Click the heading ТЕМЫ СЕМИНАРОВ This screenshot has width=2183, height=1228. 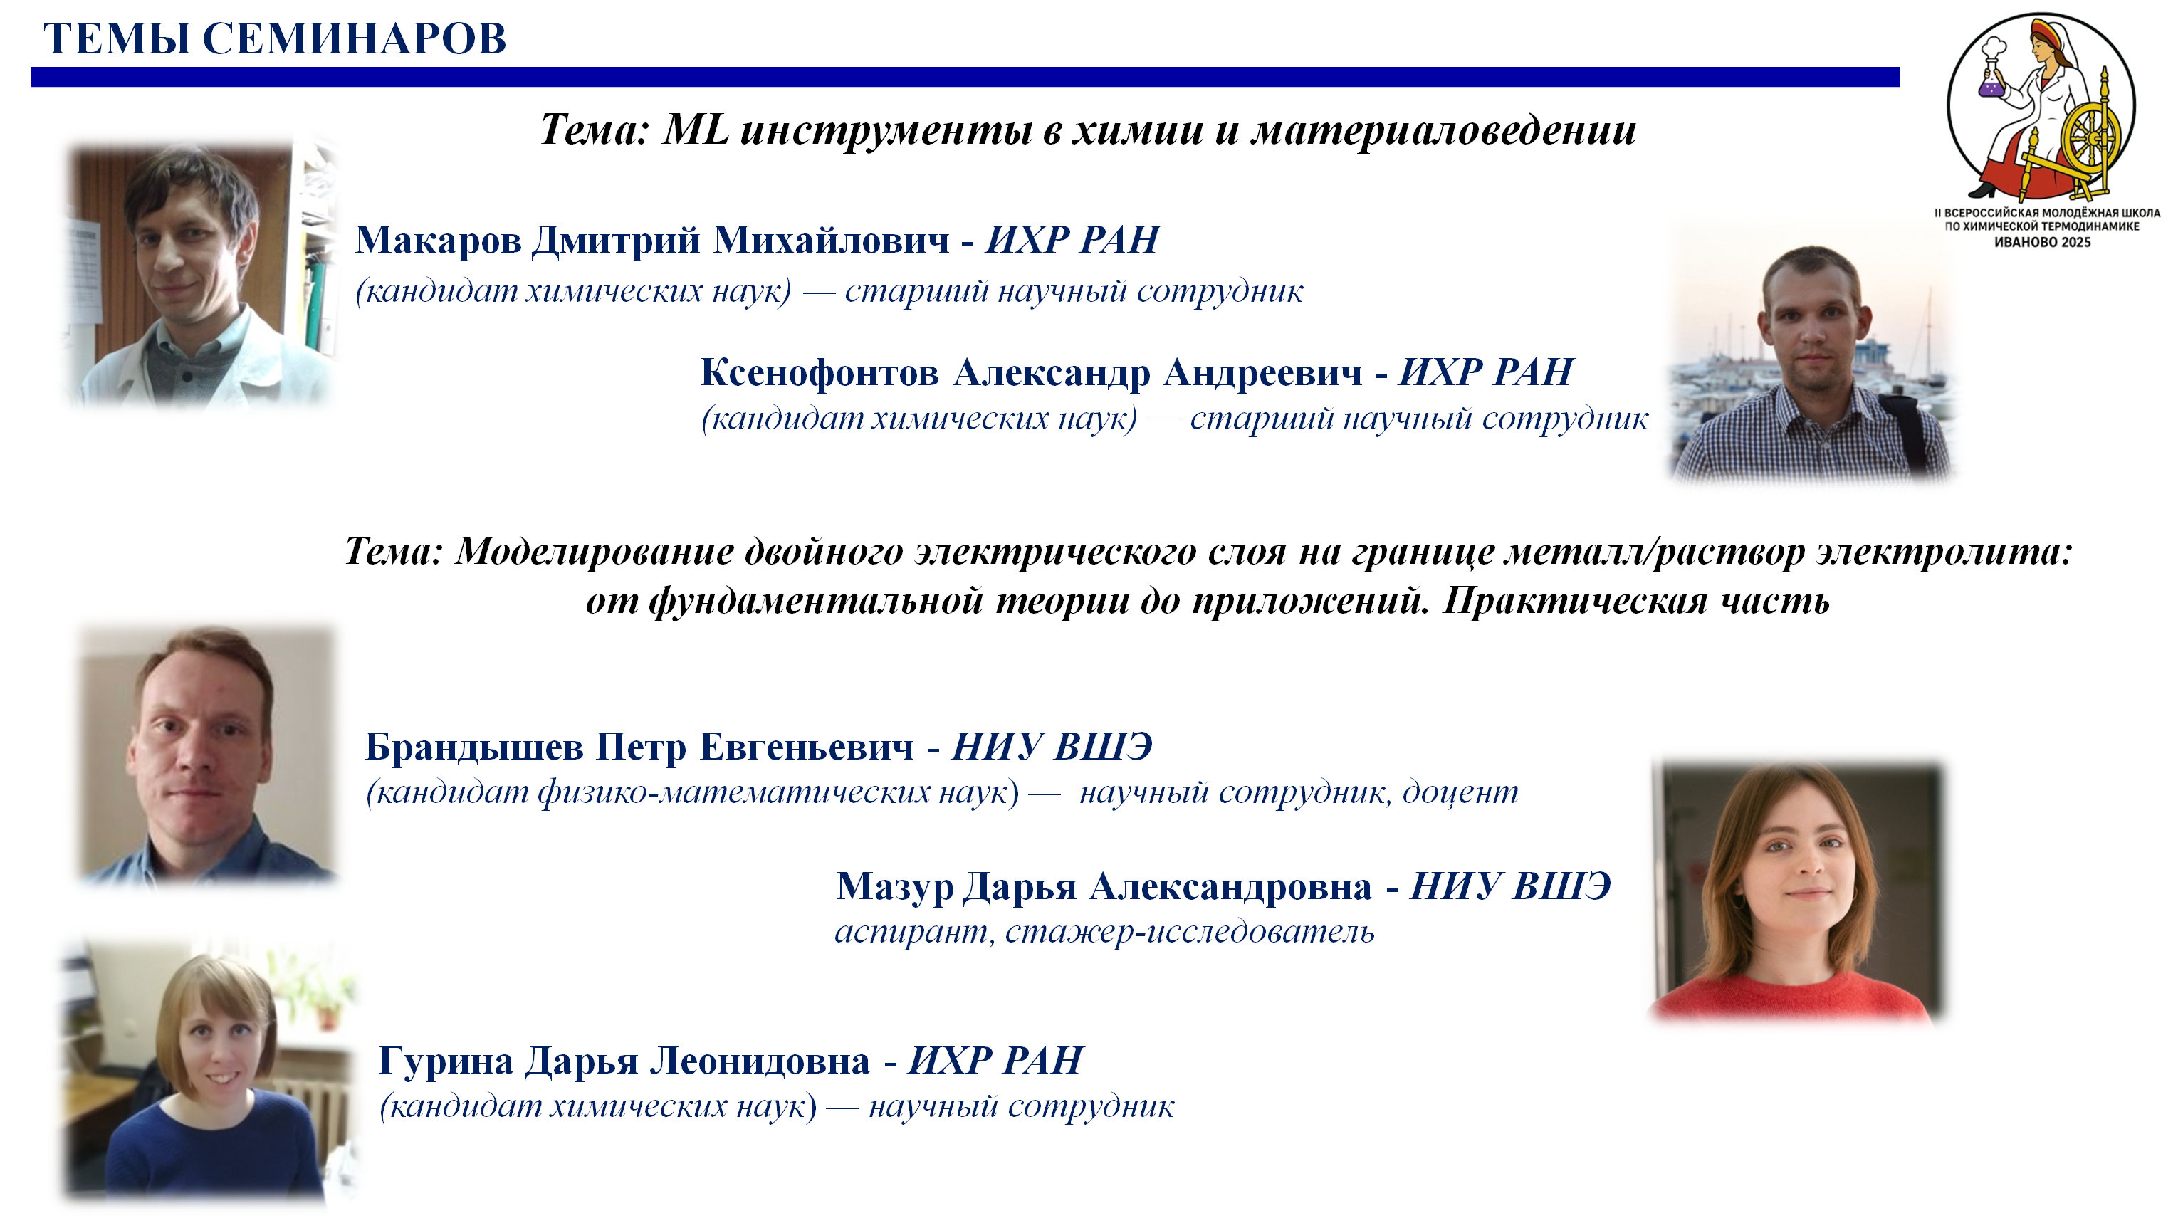(x=275, y=39)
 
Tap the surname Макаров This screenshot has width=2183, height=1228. (x=437, y=240)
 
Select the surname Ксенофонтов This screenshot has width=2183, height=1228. (x=820, y=372)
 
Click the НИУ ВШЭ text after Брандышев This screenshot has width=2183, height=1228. (x=1052, y=747)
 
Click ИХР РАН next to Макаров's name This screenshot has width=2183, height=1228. (x=1072, y=240)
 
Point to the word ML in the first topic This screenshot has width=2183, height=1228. (x=695, y=130)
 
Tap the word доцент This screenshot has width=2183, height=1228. (x=1460, y=792)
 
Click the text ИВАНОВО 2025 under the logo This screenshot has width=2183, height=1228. (x=2042, y=242)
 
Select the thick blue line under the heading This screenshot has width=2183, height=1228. (x=965, y=77)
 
